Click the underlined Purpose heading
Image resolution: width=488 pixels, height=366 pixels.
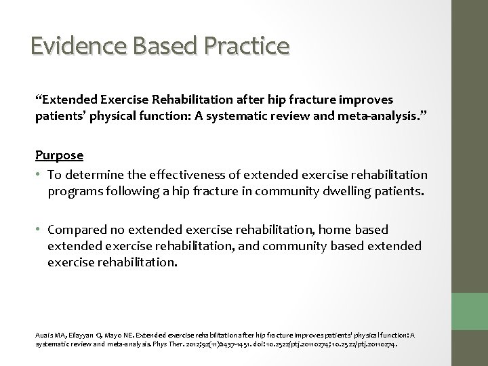[60, 155]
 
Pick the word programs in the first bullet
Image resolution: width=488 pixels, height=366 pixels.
[75, 192]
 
